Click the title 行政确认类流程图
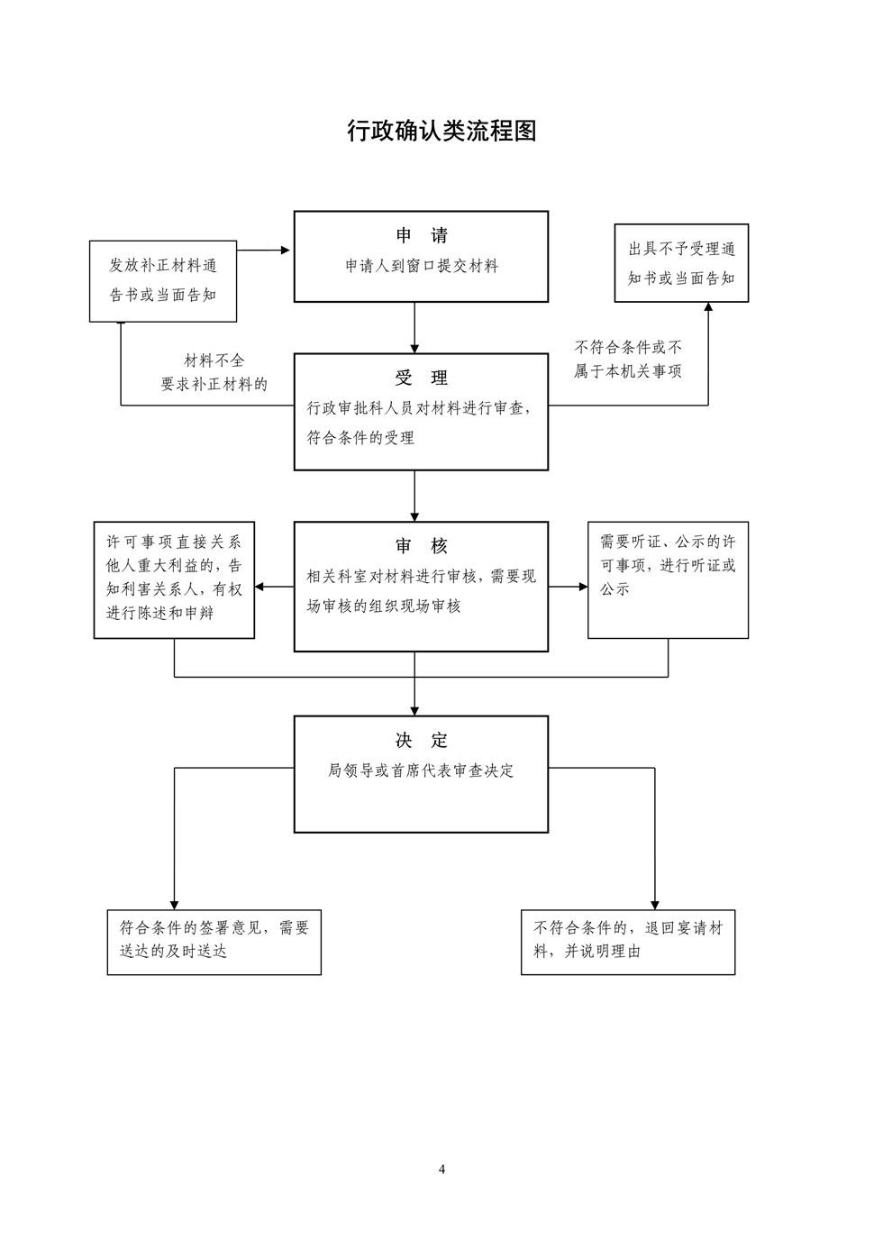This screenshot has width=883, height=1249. coord(441,132)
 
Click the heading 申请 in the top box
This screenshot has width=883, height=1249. coord(422,235)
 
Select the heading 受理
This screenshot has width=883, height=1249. coord(422,378)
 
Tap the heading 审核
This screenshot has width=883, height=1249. coord(422,546)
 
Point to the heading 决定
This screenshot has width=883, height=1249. coord(422,740)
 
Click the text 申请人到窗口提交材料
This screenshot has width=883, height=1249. coord(422,266)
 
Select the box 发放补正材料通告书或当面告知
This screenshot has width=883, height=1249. coord(163,281)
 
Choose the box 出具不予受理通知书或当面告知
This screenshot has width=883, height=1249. coord(681,263)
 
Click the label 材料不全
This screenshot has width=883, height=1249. coord(214,360)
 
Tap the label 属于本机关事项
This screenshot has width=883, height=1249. coord(628,371)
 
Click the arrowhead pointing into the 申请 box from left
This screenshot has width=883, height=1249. coord(286,251)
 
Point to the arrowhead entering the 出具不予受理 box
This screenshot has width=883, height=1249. coord(708,306)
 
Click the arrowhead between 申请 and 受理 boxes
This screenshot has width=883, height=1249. coord(414,349)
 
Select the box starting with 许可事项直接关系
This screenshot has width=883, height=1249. coord(174,580)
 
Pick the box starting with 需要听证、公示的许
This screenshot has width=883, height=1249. coord(668,580)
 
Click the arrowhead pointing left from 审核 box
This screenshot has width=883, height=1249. coord(259,587)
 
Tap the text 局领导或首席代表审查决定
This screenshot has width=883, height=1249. coord(421,770)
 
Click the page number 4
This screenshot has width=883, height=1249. coord(441,1169)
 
